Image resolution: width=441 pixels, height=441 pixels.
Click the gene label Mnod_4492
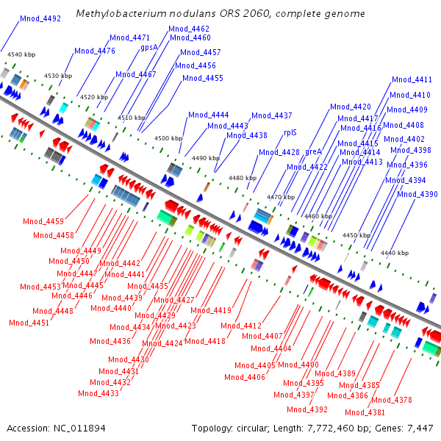tap(40, 18)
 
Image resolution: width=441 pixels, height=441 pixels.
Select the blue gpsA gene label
tap(149, 47)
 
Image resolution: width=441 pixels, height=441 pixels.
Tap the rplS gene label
tap(290, 132)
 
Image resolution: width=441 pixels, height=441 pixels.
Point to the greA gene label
tap(313, 152)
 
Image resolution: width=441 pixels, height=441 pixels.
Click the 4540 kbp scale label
tap(21, 54)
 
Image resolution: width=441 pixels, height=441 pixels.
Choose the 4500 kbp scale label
tap(168, 138)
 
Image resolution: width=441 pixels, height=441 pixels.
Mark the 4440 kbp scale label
tap(395, 253)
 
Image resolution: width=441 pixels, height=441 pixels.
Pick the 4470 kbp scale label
tap(281, 197)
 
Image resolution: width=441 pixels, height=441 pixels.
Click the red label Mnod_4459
tap(43, 222)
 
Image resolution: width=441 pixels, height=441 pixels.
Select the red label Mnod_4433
tap(98, 393)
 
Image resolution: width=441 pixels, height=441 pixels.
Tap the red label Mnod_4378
tap(392, 400)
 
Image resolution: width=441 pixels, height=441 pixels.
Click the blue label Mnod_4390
tap(417, 194)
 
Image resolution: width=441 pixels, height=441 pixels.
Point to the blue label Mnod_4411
tap(412, 79)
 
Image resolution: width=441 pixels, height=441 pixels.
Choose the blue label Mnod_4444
tap(209, 115)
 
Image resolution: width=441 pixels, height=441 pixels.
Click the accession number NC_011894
tap(79, 429)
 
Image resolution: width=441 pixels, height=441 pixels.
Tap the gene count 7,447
tap(420, 429)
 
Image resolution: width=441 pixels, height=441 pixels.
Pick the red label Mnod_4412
tap(241, 326)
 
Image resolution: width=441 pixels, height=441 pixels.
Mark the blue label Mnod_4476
tap(95, 51)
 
